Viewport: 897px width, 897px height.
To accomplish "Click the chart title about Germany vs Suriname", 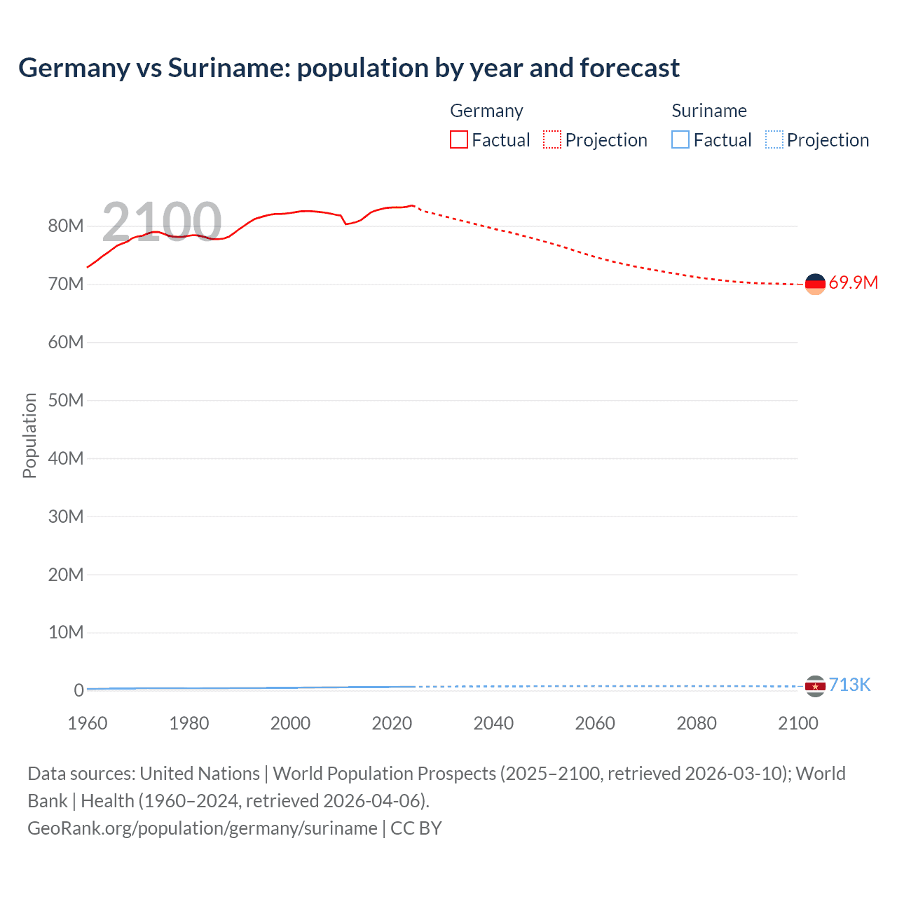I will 349,68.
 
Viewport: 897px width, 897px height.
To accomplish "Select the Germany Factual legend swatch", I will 458,140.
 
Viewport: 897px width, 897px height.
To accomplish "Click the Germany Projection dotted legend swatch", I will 552,140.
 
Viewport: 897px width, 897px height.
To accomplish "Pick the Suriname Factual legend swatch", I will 680,140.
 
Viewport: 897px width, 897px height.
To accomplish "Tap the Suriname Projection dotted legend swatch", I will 774,140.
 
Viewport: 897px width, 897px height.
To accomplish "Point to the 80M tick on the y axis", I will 66,226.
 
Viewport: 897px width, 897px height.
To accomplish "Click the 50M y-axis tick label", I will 66,400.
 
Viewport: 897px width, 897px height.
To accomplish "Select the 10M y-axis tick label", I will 66,632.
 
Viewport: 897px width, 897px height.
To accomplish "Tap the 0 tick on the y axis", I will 78,690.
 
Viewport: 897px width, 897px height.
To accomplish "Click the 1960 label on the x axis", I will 88,723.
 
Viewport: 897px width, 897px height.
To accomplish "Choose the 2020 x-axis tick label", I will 392,723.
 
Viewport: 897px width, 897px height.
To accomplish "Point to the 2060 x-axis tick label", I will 595,723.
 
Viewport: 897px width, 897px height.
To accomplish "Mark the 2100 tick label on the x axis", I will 797,723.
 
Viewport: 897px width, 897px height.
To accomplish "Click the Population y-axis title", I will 29,435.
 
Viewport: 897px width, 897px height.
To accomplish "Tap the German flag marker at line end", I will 815,284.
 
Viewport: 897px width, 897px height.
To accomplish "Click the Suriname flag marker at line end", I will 815,686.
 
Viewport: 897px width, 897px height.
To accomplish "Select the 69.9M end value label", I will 853,283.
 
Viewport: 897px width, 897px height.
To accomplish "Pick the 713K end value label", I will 849,685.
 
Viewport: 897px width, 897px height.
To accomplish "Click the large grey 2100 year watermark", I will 162,222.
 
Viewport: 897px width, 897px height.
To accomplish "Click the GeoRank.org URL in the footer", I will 203,828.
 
